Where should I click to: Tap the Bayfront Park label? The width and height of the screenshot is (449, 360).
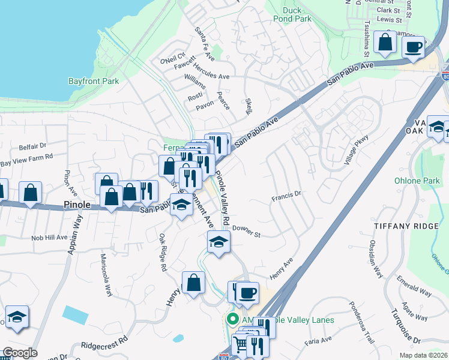click(94, 81)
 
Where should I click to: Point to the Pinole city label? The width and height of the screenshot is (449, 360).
click(77, 205)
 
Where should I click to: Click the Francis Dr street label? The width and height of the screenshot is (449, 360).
click(286, 194)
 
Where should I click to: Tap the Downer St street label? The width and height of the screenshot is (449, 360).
click(246, 232)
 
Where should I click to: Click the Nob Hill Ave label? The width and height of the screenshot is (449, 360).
click(49, 238)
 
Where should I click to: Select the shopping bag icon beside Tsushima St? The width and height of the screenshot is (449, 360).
click(384, 42)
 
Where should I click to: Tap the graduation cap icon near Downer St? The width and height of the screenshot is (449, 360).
click(218, 242)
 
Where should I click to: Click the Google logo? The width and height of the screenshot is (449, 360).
click(20, 353)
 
